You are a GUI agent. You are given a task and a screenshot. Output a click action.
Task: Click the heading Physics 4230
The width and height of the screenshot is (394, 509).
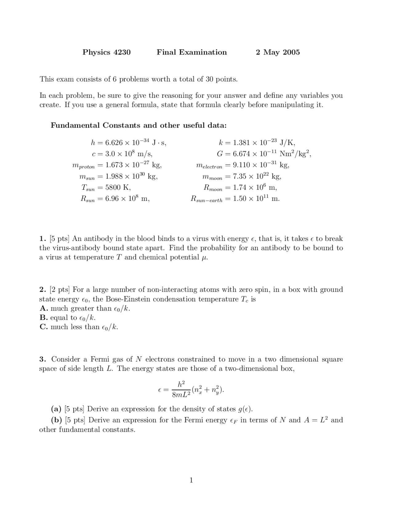click(107, 52)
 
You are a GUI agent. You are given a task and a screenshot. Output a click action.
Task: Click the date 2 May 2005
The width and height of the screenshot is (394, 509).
click(278, 52)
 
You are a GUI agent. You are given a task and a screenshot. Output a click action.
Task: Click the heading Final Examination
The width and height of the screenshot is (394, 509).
click(192, 52)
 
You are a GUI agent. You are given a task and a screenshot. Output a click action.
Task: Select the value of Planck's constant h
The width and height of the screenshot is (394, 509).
click(135, 143)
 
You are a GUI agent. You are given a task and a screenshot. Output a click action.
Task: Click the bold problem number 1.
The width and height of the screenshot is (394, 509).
click(42, 239)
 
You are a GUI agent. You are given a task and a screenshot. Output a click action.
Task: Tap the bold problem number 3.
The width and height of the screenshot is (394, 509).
click(42, 359)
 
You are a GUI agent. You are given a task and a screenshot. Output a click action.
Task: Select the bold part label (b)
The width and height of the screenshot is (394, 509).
click(57, 420)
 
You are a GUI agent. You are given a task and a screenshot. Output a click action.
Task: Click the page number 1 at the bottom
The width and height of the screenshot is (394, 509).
click(191, 480)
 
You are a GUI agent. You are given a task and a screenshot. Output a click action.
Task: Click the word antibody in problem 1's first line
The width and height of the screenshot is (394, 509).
click(96, 239)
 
